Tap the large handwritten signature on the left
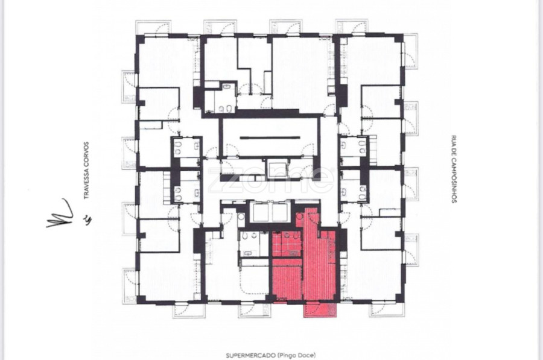(60, 213)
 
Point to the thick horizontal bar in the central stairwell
(270, 137)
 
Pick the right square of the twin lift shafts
(281, 212)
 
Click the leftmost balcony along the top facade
(153, 28)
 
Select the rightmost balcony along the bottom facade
(387, 309)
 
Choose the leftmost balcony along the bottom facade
(189, 310)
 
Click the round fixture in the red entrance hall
(300, 216)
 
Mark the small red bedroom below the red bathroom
(287, 280)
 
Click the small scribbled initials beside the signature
(88, 219)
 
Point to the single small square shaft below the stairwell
(278, 169)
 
